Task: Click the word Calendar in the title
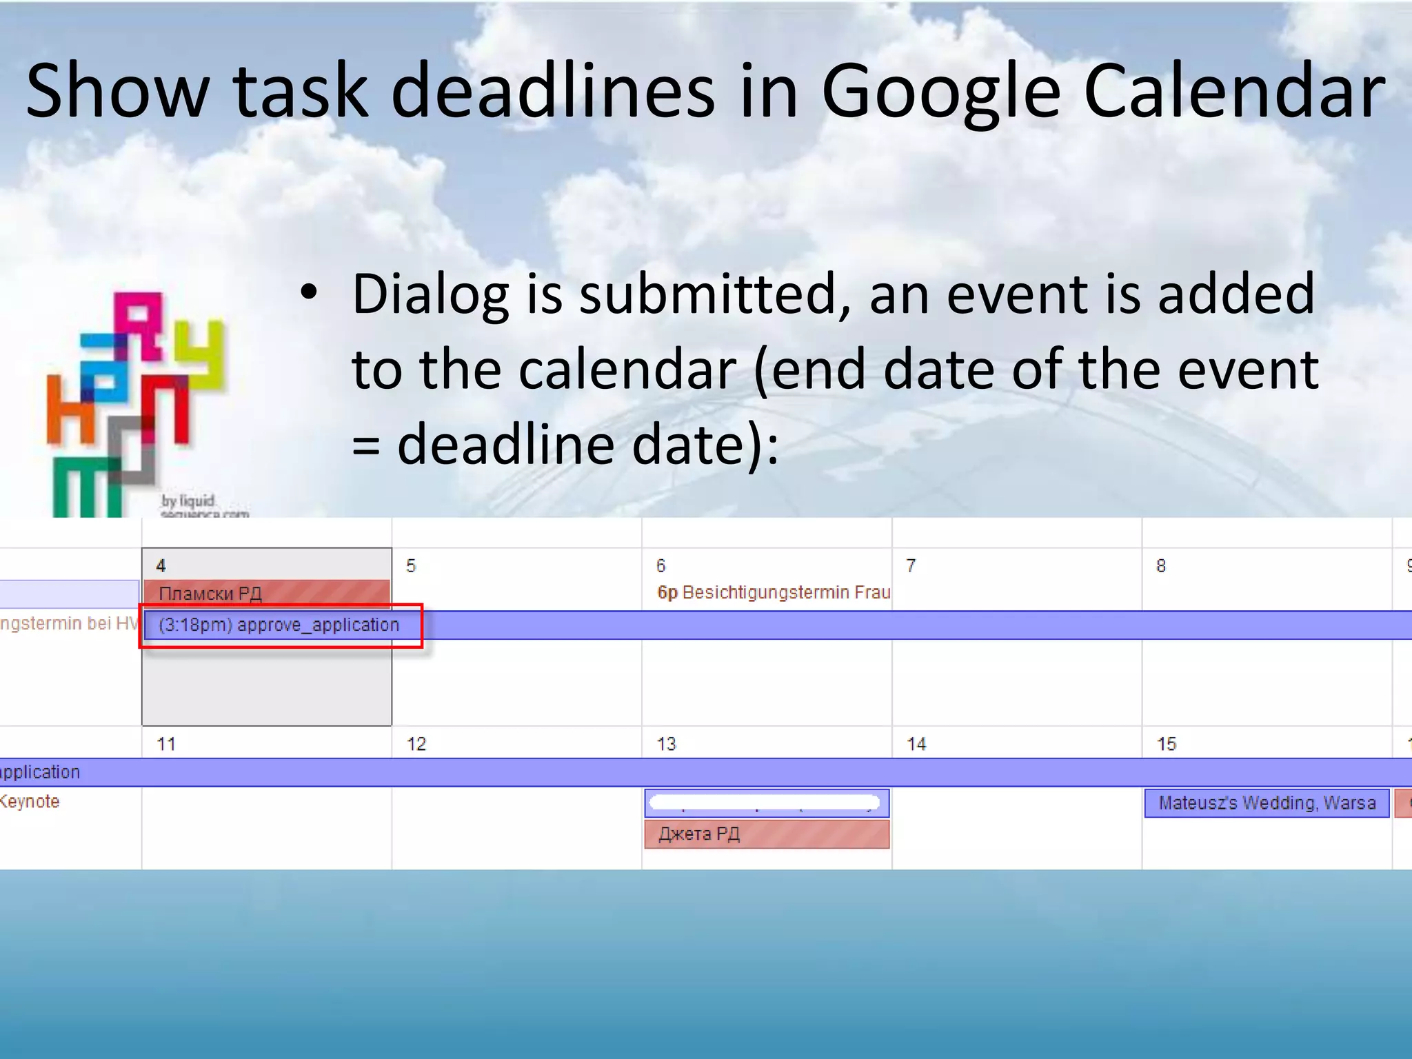1234,92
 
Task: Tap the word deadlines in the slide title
554,92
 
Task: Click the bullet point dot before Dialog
309,293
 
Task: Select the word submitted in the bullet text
715,294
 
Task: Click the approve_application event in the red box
279,625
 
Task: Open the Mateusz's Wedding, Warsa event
1267,803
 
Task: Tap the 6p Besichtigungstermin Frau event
773,593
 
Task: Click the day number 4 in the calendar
161,566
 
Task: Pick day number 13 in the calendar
666,745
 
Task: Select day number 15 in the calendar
1166,745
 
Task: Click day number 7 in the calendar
911,566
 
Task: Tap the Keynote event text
30,802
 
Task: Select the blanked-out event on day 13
767,803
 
